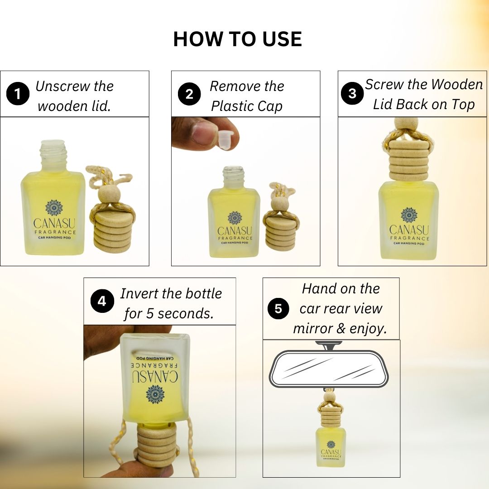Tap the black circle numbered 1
pyautogui.click(x=18, y=95)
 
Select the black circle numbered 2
pyautogui.click(x=189, y=94)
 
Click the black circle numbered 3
pyautogui.click(x=352, y=94)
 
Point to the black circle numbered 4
pyautogui.click(x=102, y=301)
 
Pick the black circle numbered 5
pyautogui.click(x=278, y=309)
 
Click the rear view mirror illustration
pyautogui.click(x=329, y=369)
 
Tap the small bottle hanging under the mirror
pyautogui.click(x=331, y=446)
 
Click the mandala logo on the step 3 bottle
pyautogui.click(x=408, y=215)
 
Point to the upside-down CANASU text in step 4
pyautogui.click(x=154, y=376)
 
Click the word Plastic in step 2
pyautogui.click(x=234, y=106)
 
